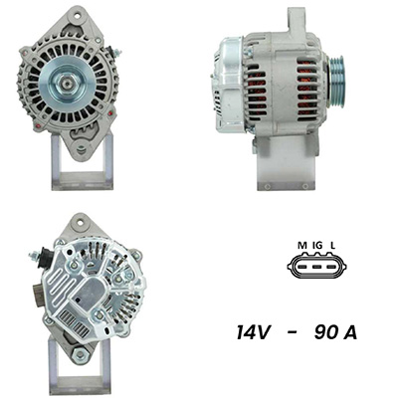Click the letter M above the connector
point(302,246)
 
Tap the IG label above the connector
point(317,246)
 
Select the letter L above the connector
point(332,246)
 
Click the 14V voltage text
point(253,332)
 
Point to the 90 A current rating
point(335,332)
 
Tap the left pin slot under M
point(302,267)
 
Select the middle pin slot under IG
point(317,267)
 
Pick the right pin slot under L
point(332,267)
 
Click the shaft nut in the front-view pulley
point(67,84)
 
